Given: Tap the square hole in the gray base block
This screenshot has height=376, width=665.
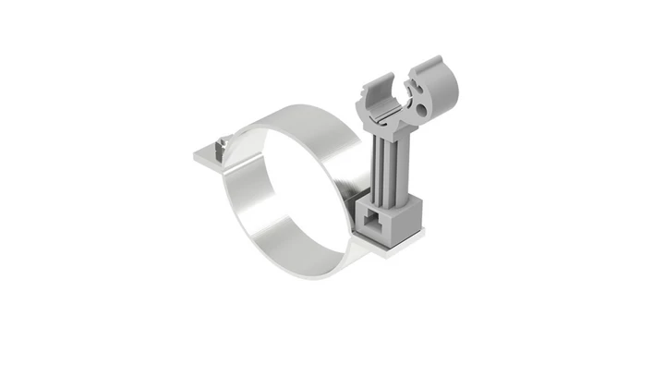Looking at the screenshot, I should (x=374, y=219).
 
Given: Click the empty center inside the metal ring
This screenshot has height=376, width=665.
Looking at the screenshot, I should (x=296, y=199).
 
